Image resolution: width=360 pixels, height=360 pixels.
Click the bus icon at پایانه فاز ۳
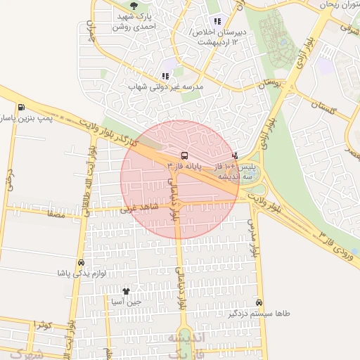tap(184, 155)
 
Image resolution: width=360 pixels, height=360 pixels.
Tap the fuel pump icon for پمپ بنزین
tap(22, 108)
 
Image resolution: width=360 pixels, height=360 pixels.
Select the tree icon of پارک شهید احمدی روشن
tap(129, 8)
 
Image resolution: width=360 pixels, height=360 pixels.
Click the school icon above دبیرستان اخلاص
tap(217, 21)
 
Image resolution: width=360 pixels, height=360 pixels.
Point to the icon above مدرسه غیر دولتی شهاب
tap(165, 76)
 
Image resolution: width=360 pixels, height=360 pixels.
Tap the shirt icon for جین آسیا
tap(127, 291)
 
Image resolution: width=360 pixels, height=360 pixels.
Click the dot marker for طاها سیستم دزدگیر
tap(260, 302)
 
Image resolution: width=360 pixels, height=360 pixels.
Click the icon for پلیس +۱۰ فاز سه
tap(234, 155)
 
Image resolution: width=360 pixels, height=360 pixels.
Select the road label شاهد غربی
tap(136, 209)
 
